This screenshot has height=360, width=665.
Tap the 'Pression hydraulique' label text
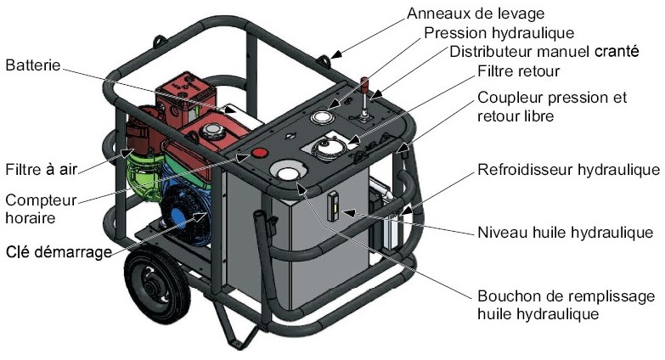(499, 33)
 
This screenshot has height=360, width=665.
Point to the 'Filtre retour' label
(519, 72)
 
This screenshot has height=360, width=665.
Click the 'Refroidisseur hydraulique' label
(568, 169)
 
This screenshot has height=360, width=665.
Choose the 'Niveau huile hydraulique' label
(566, 232)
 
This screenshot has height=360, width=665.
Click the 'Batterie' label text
(32, 65)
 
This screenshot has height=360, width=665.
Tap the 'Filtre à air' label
(41, 168)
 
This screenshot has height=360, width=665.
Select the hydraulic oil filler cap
(286, 173)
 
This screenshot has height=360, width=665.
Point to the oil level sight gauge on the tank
(334, 205)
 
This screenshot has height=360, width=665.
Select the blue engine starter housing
(182, 208)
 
